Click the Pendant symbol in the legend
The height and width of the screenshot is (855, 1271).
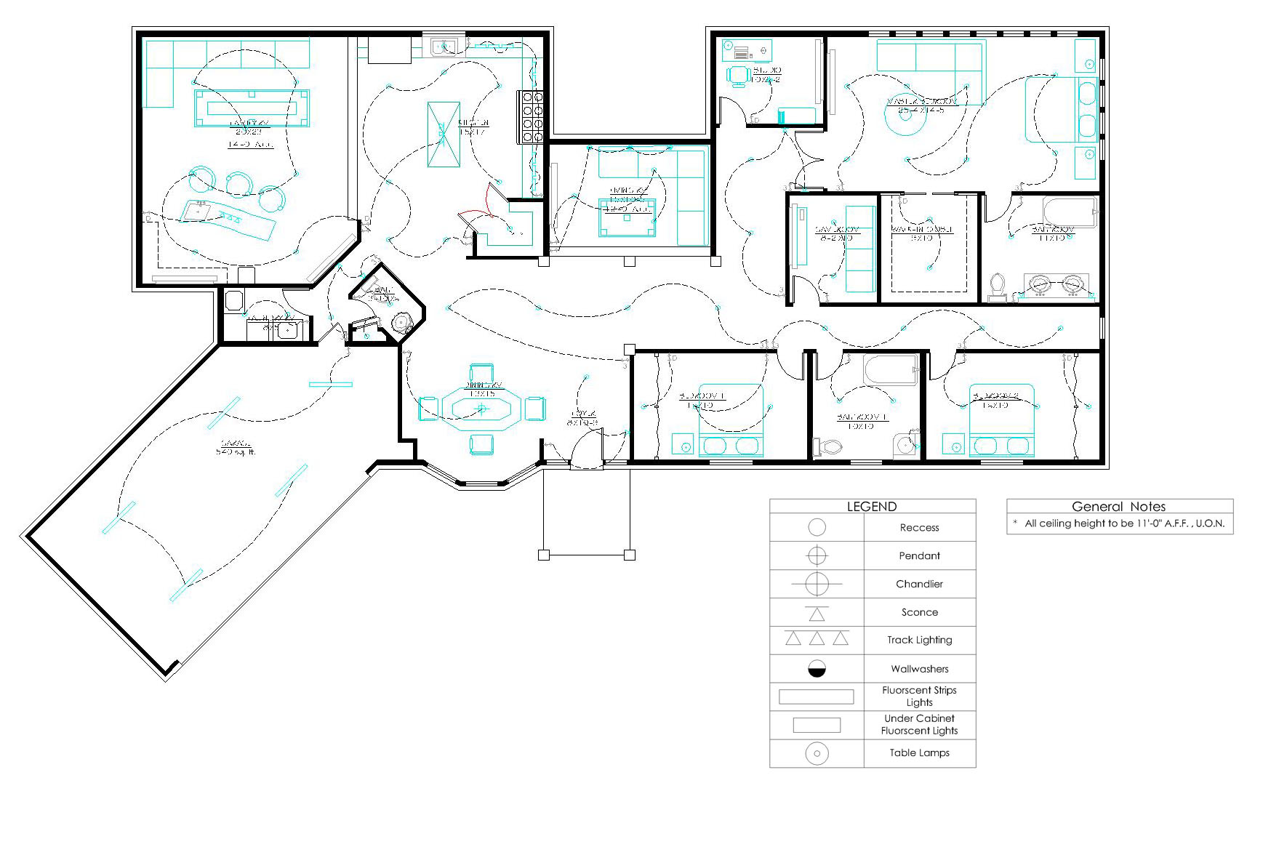[817, 556]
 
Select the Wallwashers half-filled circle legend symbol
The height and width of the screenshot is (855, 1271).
[817, 669]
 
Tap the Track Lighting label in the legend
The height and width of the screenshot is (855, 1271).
[919, 641]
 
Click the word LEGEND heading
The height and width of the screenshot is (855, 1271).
[871, 507]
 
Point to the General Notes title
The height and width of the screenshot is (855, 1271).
[1118, 507]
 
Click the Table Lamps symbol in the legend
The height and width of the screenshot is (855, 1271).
[817, 753]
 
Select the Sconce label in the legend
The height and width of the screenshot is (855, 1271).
[919, 612]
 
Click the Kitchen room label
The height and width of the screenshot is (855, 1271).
[473, 127]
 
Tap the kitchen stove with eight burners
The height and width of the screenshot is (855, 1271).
[530, 116]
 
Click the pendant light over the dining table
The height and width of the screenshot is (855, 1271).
[481, 409]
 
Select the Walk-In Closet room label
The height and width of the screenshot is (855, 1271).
[921, 233]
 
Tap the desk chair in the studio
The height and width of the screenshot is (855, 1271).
[737, 76]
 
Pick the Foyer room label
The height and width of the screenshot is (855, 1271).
[582, 417]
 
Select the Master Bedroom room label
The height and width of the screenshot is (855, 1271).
[921, 105]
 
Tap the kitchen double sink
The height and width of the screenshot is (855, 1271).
[443, 47]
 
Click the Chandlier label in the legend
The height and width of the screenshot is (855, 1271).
[919, 585]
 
